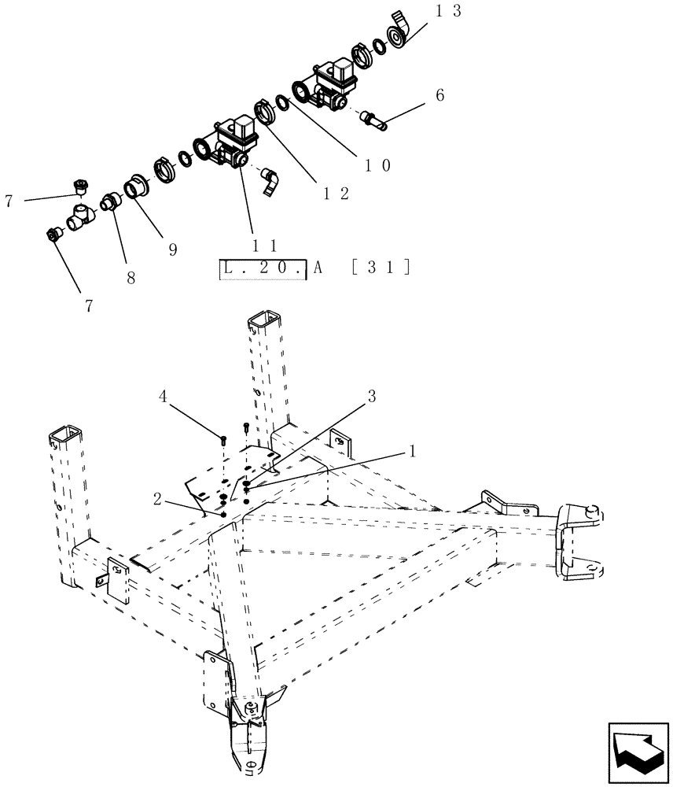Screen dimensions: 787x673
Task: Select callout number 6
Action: [439, 95]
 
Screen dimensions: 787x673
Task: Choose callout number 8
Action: [131, 277]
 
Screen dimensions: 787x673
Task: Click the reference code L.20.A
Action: [263, 268]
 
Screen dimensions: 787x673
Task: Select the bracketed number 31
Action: [381, 268]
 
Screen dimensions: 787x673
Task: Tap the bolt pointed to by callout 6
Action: [373, 120]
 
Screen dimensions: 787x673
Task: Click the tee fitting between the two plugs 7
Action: [80, 216]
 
